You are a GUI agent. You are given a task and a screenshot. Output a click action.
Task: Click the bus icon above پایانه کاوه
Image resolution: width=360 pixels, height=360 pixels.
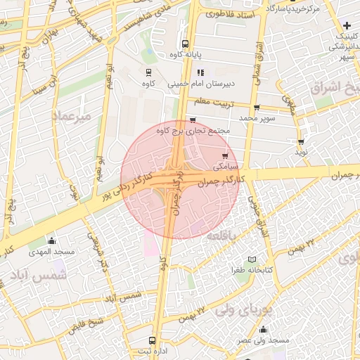185,43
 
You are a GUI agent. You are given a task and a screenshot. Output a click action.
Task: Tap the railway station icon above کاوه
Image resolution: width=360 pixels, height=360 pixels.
148,72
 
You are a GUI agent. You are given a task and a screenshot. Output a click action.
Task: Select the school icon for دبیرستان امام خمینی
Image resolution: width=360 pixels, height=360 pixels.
200,72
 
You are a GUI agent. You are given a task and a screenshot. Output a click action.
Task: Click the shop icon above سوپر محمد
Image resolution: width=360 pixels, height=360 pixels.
256,108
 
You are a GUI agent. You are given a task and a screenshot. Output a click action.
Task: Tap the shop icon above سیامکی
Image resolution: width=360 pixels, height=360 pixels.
224,156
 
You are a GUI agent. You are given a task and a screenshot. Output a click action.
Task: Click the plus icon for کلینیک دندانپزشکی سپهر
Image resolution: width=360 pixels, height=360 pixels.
347,26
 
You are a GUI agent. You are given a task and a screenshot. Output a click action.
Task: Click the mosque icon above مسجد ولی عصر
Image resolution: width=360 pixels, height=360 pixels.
263,329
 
